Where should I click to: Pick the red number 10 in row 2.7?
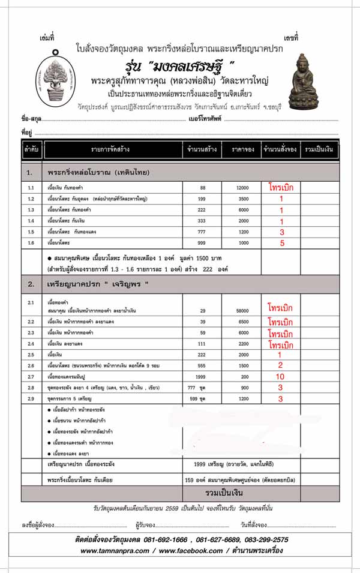(281, 376)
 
